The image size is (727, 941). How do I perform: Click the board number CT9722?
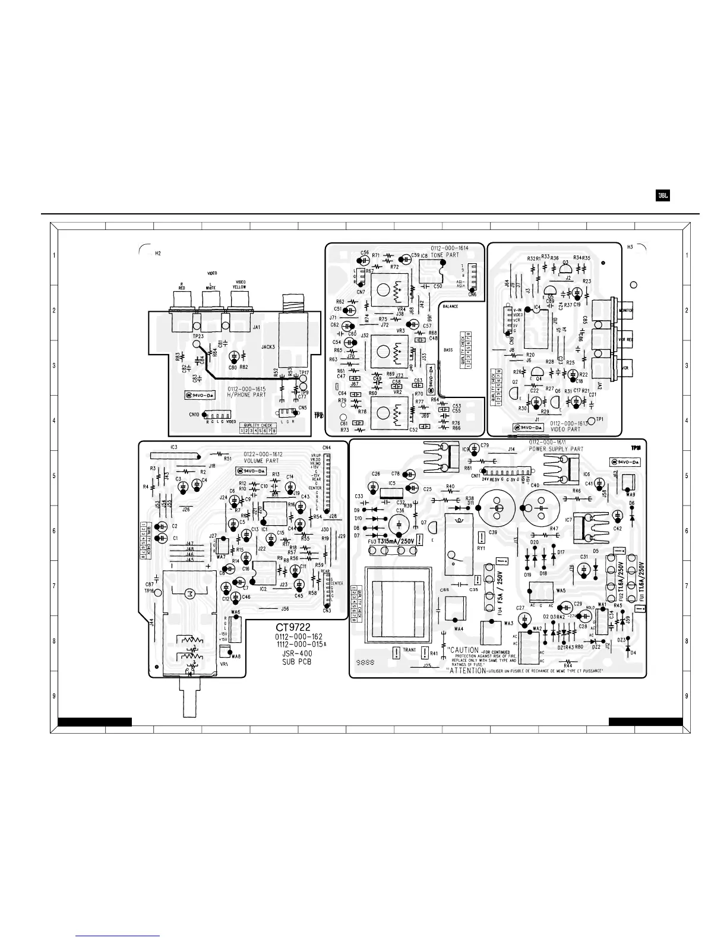(293, 627)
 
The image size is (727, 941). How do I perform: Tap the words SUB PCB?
(296, 662)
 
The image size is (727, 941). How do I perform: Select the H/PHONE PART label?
(248, 394)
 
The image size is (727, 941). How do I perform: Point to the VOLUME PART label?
(261, 460)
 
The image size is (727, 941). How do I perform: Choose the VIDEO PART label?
(565, 429)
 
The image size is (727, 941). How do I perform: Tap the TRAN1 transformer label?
(409, 650)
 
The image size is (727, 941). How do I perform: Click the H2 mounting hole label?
(157, 253)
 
